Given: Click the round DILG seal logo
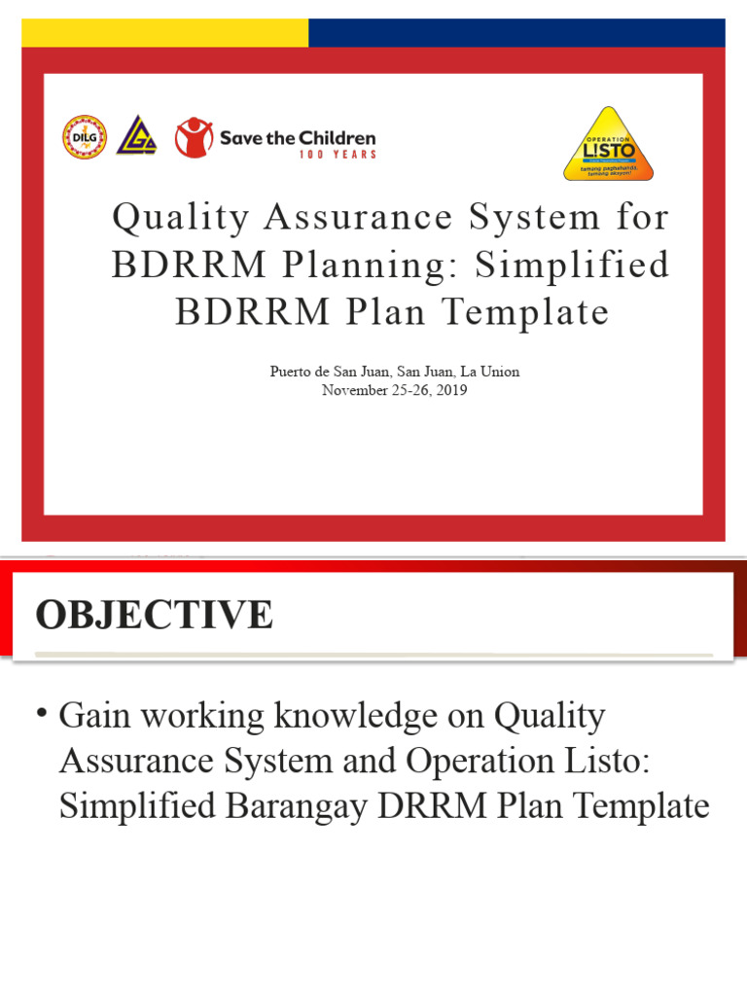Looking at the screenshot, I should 85,137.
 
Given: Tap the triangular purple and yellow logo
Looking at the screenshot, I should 136,137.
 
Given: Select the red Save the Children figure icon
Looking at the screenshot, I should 194,137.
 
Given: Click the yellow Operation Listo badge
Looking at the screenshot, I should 608,144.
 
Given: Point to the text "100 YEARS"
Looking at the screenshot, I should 338,154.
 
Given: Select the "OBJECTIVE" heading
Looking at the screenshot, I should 155,615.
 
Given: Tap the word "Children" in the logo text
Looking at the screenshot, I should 338,137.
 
